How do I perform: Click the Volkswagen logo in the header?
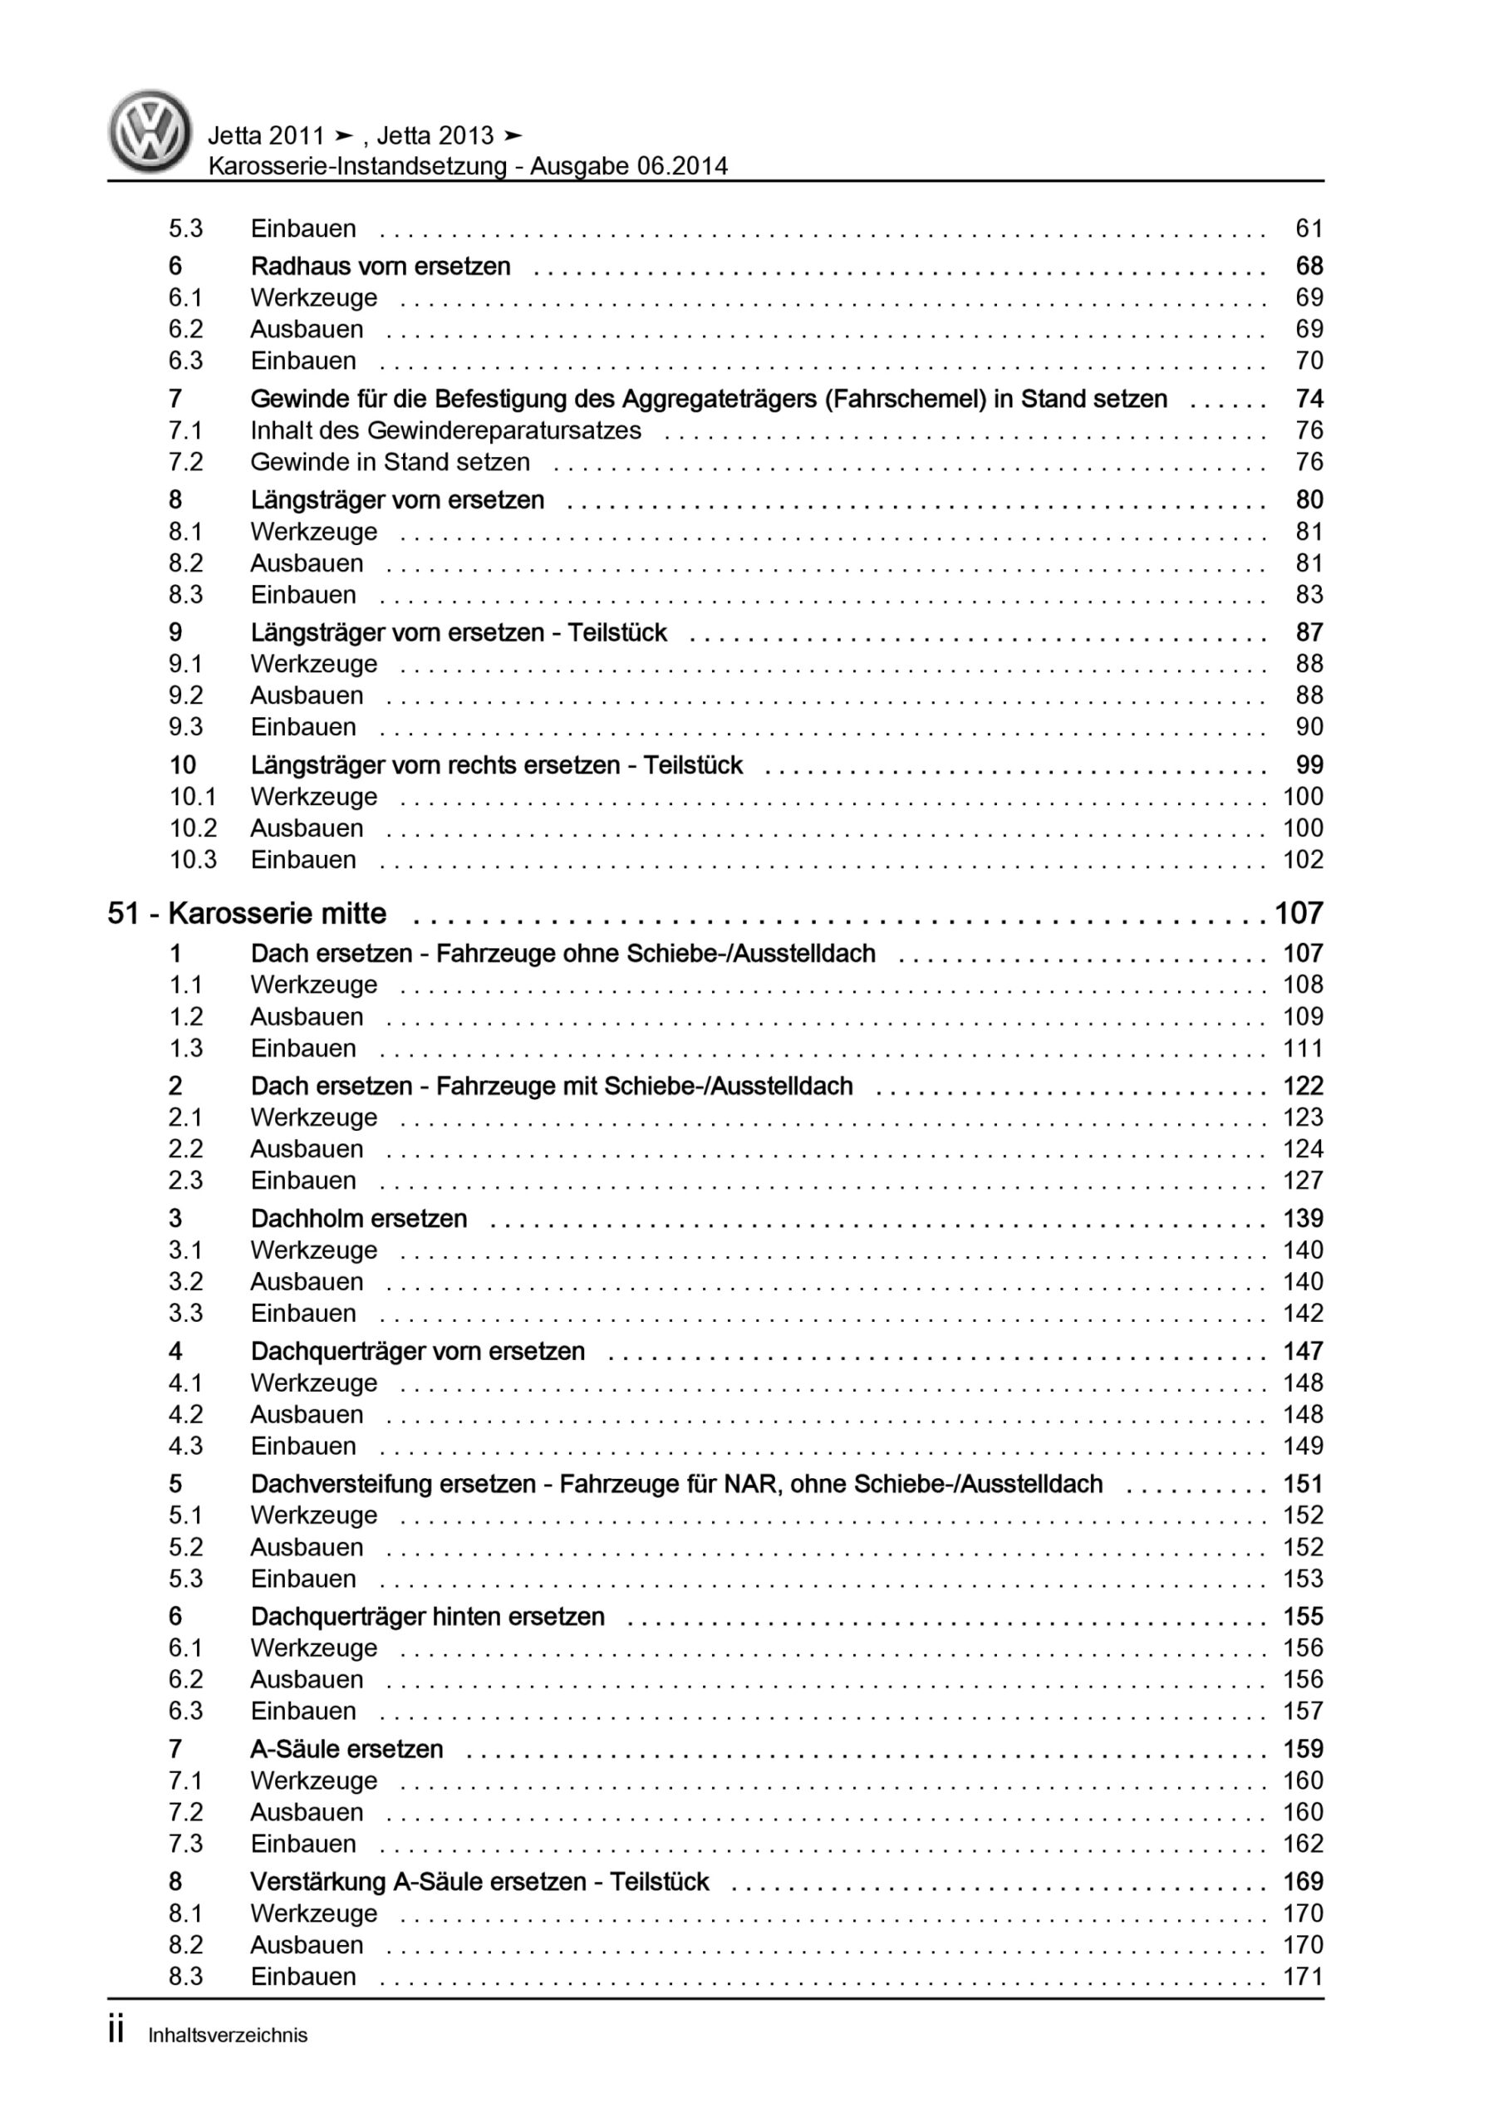150,131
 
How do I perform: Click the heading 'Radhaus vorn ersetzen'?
380,267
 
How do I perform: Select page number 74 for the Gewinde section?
1309,400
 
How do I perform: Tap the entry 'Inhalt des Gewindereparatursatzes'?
445,430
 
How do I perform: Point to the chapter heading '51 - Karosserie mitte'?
247,913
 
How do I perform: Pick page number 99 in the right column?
1309,765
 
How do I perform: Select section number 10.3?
192,860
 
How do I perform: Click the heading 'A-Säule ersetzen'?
346,1749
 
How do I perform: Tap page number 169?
1302,1882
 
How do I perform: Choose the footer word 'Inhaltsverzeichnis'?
227,2036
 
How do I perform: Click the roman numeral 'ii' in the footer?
115,2031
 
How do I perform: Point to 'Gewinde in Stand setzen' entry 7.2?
390,462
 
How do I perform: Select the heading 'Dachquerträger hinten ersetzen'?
427,1617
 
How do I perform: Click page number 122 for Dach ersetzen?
1302,1086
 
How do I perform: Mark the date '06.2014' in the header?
682,167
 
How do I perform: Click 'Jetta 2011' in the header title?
266,136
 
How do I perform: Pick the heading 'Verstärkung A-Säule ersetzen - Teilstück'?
479,1882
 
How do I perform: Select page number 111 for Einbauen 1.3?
1302,1049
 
